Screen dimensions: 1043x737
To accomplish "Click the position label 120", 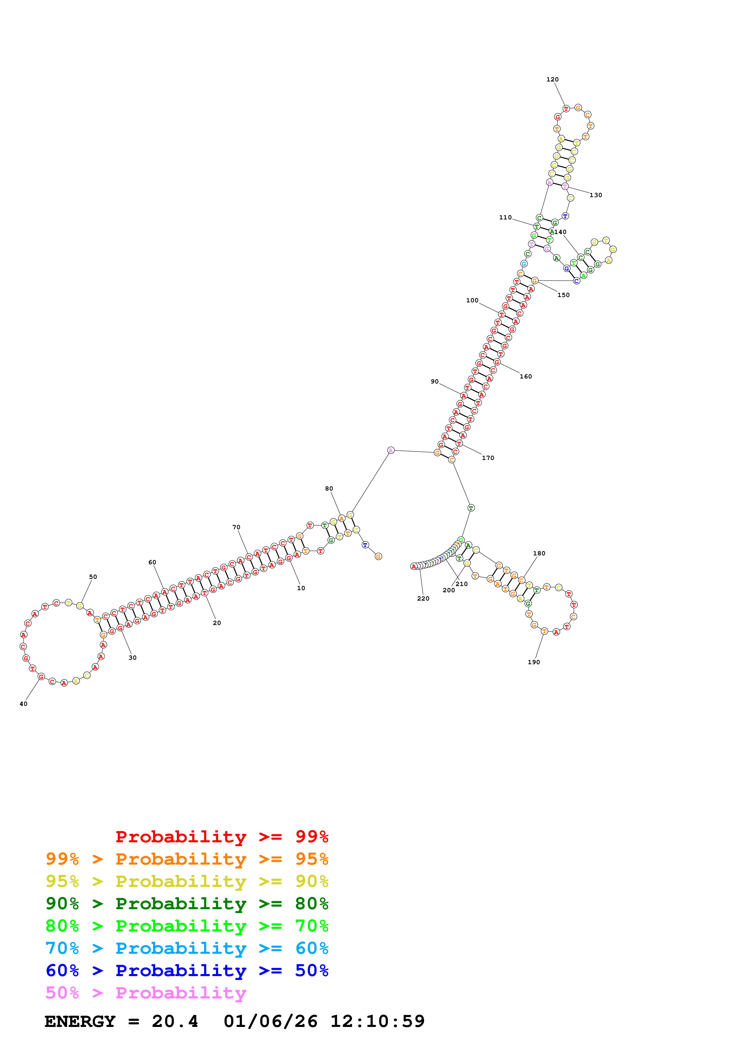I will (x=552, y=79).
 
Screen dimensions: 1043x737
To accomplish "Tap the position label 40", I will (x=23, y=704).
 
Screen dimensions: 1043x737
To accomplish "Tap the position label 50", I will (x=93, y=577).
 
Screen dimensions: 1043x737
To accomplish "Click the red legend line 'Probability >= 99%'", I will (x=221, y=837).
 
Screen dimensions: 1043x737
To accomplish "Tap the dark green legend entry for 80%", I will (x=187, y=904).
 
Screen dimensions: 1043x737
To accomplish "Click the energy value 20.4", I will (x=175, y=1021).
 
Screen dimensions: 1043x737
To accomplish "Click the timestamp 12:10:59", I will (x=377, y=1021).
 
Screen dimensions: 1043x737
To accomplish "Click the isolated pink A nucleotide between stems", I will (x=391, y=450).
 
